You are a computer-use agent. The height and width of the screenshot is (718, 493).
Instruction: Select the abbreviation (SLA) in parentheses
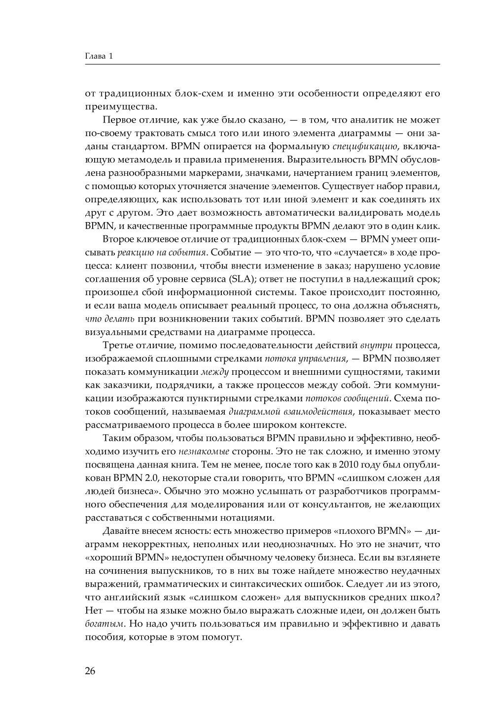[238, 279]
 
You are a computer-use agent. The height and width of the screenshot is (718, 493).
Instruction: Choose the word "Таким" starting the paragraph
[115, 438]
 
